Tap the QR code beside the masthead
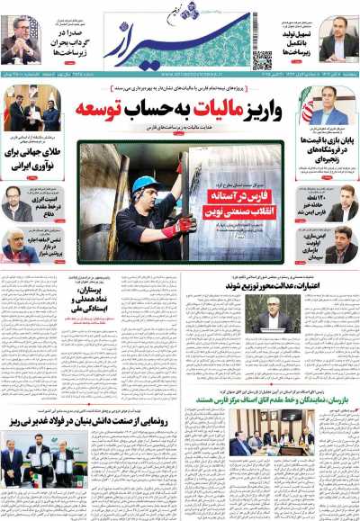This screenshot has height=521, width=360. pos(262,60)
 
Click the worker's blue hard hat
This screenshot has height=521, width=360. pos(144,185)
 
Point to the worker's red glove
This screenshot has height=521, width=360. pos(184,225)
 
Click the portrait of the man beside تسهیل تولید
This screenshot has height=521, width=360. pos(334,44)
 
